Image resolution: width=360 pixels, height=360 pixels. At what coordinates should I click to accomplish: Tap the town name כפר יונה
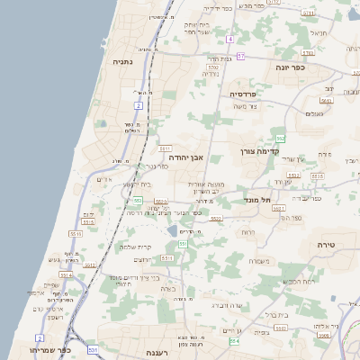pos(292,67)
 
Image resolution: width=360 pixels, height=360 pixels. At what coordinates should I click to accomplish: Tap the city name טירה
pos(326,245)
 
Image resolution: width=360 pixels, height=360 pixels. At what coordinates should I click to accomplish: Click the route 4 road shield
pos(229,40)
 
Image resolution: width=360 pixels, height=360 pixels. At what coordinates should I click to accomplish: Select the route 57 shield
pos(240,56)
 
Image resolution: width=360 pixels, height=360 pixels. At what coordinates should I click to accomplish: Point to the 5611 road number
pos(165,148)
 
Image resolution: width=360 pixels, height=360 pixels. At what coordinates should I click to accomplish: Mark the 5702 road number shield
pos(213,67)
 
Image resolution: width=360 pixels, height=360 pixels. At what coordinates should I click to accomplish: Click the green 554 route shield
pos(235,342)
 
